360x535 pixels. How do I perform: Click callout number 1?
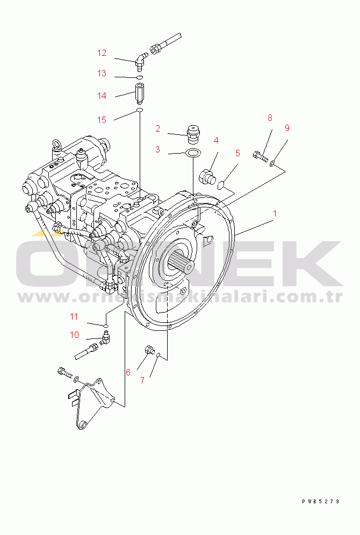point(275,213)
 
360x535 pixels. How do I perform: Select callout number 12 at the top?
point(102,53)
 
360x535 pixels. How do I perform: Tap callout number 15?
point(102,120)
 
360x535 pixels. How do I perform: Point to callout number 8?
point(270,118)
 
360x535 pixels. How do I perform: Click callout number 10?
point(74,335)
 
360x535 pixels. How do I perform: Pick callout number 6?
point(128,372)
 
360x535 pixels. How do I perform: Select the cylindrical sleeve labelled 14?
point(139,93)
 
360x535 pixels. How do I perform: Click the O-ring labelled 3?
point(193,154)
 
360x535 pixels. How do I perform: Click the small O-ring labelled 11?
point(106,326)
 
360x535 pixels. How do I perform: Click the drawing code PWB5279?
point(320,502)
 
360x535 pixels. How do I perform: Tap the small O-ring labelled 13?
point(139,78)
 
